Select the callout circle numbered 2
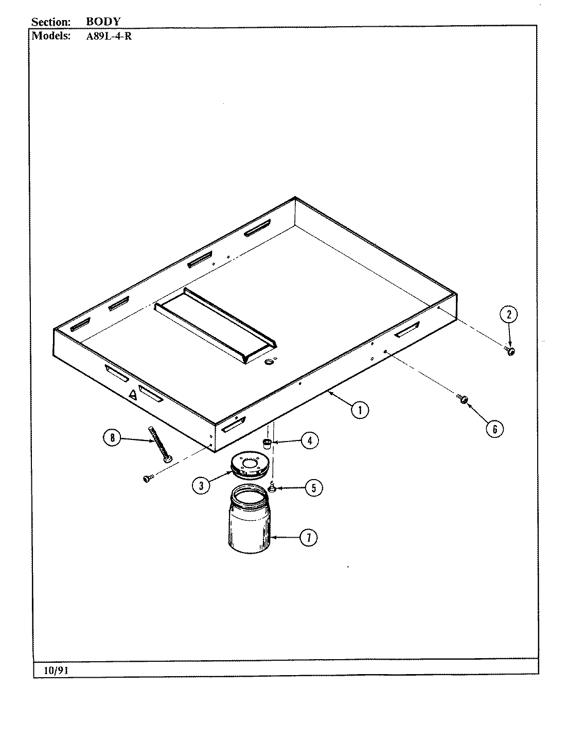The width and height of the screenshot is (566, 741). click(509, 314)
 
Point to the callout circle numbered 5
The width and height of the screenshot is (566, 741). click(313, 487)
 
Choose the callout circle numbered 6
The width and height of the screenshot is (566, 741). click(494, 429)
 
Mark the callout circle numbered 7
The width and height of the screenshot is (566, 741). click(308, 538)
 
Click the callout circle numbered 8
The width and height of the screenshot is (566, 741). click(112, 438)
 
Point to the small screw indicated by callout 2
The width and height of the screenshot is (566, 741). click(510, 351)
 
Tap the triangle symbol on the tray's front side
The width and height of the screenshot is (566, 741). click(132, 395)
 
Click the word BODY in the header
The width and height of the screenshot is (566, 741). click(103, 22)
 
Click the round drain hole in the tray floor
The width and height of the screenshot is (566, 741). click(268, 362)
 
